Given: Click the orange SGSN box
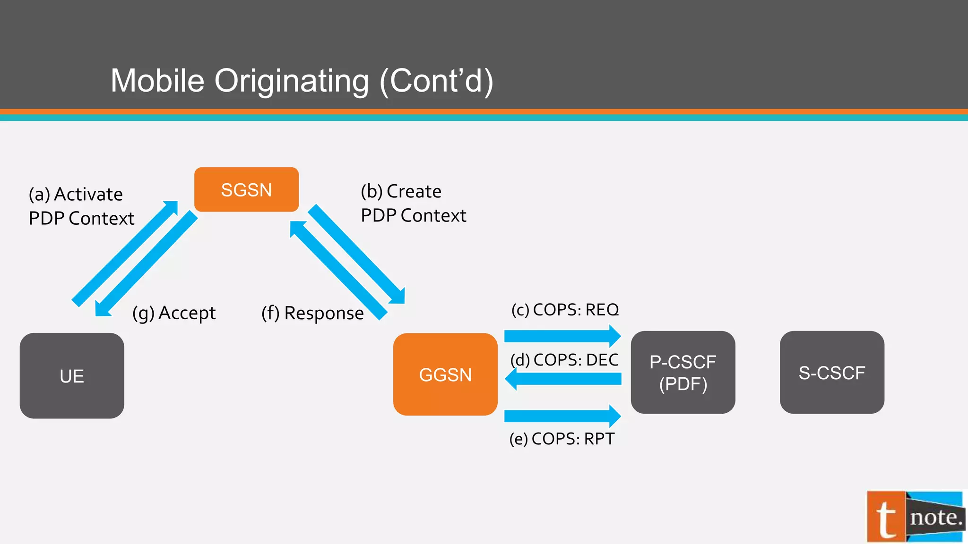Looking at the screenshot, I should pos(246,189).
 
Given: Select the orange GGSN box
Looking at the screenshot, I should pos(445,374).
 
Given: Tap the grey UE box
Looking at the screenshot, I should pos(72,376).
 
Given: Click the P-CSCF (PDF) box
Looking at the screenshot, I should pos(683,373).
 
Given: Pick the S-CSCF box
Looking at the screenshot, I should pos(832,373).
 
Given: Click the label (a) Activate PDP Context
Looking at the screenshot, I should pos(81,206).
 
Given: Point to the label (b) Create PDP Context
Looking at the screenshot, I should pos(413,204).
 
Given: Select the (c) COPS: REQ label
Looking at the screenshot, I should pos(565,310).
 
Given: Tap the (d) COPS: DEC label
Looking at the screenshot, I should pos(564,360).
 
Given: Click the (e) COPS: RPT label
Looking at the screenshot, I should pos(562,439).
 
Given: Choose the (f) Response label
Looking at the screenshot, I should pos(312,313).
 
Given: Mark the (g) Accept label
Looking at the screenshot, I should pos(174,313).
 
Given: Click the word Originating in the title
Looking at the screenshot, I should pos(292,81).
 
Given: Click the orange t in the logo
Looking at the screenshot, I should pos(886,518).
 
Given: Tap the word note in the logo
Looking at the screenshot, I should pos(935,518).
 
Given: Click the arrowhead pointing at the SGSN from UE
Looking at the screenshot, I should pos(172,207).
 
